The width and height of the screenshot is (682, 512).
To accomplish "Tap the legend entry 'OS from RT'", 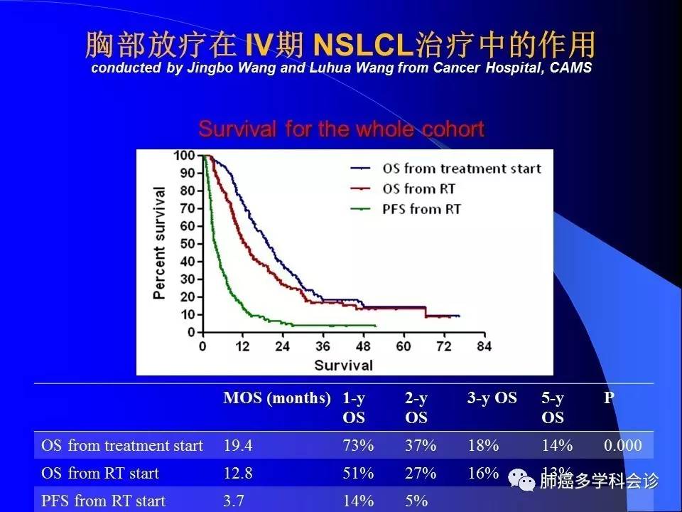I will pyautogui.click(x=418, y=189).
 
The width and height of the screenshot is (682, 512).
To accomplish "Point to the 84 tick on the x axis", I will pyautogui.click(x=485, y=346).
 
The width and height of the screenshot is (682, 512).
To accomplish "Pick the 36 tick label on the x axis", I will pyautogui.click(x=323, y=346).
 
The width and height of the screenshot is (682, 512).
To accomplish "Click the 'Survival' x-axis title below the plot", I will pyautogui.click(x=344, y=365).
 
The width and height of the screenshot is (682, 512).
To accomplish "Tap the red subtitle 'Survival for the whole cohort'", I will pyautogui.click(x=341, y=129).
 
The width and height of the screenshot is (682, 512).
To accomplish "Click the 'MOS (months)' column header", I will pyautogui.click(x=277, y=398).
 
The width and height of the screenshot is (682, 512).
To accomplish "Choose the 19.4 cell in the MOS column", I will pyautogui.click(x=239, y=446).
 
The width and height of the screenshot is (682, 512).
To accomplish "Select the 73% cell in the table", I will pyautogui.click(x=358, y=446).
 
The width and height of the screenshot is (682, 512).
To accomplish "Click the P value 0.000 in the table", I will pyautogui.click(x=622, y=446).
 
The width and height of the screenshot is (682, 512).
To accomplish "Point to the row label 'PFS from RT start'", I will pyautogui.click(x=103, y=501).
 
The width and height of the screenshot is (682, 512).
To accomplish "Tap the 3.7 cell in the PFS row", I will pyautogui.click(x=234, y=501).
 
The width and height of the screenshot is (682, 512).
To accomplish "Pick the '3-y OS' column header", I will pyautogui.click(x=492, y=398).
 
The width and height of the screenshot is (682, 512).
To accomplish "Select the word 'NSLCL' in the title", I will pyautogui.click(x=362, y=46).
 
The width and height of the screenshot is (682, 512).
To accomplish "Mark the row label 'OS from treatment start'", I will pyautogui.click(x=122, y=446).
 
